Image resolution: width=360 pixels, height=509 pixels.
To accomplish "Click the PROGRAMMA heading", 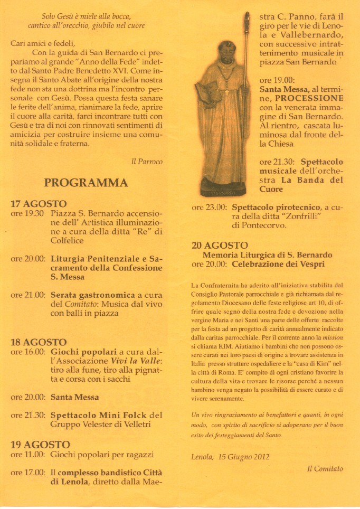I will [x=86, y=183].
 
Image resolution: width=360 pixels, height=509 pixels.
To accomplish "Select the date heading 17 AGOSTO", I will [x=39, y=204].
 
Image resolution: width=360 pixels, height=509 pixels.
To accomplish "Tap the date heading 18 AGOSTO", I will [x=39, y=342].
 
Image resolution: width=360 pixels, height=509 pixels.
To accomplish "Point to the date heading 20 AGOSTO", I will [x=220, y=246].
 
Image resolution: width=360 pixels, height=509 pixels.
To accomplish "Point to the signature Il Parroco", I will [x=147, y=162].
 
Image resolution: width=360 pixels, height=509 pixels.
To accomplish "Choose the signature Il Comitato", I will [x=325, y=468].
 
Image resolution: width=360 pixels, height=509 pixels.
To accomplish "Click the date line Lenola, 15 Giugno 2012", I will [x=230, y=457].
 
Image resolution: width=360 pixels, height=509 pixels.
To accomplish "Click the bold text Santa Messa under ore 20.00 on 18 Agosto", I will [x=74, y=397].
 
